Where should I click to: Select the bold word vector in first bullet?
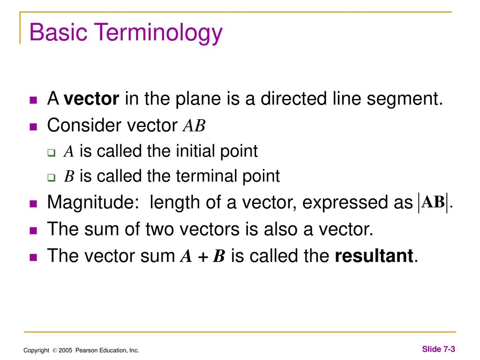click(92, 99)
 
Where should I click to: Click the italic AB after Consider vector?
click(194, 126)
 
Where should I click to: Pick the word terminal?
click(204, 176)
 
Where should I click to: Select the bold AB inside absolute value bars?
click(433, 202)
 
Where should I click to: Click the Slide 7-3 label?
click(438, 349)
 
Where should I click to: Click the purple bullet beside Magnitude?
click(33, 204)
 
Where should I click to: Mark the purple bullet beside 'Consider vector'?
click(33, 127)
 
